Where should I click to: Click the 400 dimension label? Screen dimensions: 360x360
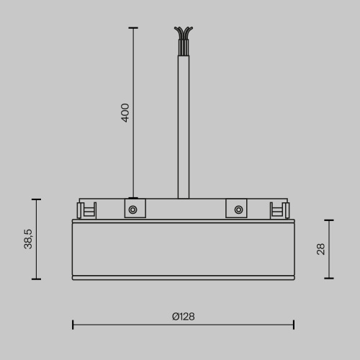pos(125,112)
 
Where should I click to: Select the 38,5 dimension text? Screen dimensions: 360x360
pos(28,238)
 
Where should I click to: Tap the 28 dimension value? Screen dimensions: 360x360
pos(321,249)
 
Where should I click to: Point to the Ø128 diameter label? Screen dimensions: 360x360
pos(183,316)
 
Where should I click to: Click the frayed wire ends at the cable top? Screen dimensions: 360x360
pos(184,34)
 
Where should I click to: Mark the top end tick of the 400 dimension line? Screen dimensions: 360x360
pos(132,28)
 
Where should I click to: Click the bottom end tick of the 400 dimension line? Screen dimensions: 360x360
pos(132,197)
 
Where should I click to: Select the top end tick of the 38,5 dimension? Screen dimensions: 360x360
pos(36,199)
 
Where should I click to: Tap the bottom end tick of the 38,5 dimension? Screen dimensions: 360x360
pos(36,279)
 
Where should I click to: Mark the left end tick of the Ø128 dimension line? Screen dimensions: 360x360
pos(73,325)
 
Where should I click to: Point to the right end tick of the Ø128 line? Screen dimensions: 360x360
pos(293,325)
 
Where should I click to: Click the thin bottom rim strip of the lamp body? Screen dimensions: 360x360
pos(183,276)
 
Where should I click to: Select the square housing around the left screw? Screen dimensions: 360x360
pos(132,209)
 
